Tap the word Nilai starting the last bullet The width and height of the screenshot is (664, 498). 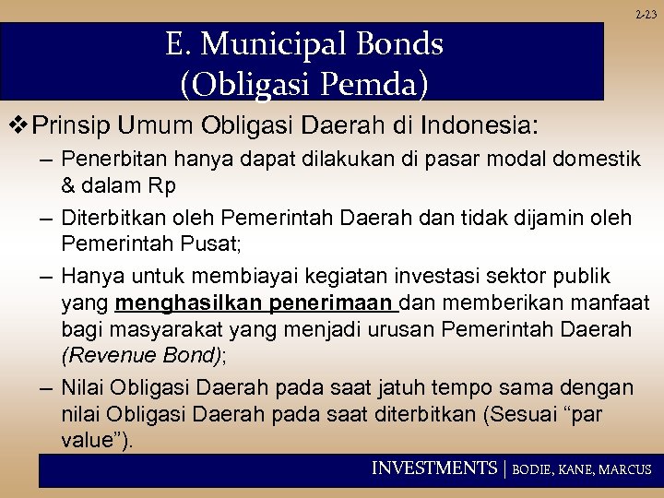(82, 386)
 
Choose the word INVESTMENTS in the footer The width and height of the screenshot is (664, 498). (433, 468)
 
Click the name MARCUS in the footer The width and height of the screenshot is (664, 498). (625, 469)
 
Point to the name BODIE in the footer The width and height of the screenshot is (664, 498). (534, 469)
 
